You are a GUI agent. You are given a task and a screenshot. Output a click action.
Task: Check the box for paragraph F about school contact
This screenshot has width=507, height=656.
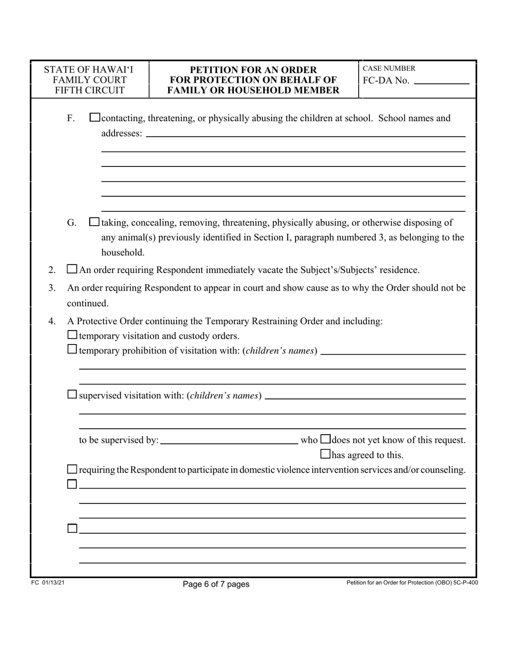94,118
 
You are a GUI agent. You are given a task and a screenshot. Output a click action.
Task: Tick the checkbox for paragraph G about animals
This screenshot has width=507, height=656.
94,222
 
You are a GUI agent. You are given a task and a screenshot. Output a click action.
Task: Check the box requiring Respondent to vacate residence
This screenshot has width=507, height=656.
72,270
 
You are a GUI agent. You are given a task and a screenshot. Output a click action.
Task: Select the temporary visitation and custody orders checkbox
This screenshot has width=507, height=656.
73,335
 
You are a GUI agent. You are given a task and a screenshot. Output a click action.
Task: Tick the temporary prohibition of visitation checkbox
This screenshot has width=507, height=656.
73,350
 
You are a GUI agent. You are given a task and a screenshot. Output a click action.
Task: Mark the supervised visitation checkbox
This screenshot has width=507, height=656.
73,395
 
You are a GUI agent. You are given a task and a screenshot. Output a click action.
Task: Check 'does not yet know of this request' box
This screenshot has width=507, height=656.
326,439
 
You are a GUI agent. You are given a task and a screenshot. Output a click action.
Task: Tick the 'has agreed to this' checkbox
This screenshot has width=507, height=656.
326,454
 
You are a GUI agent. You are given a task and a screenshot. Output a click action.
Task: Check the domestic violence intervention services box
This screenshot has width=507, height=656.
73,469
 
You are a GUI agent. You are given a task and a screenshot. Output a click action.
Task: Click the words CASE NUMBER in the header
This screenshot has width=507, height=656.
389,69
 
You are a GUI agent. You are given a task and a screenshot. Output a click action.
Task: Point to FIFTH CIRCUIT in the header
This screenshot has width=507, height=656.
90,91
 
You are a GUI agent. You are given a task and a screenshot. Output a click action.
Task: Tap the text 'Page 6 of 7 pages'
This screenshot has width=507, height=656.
216,584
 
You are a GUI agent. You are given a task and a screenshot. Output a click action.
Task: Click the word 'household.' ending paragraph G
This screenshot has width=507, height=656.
123,252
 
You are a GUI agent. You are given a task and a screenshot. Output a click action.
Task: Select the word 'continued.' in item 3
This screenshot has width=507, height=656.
88,303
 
